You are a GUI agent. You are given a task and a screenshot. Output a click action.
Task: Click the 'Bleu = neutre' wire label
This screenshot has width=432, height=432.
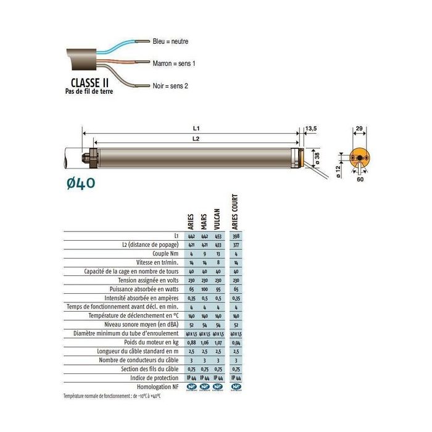(170, 41)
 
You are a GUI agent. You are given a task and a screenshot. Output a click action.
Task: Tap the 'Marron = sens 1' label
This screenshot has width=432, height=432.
(175, 63)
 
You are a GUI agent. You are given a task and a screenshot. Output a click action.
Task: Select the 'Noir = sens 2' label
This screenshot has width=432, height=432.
(171, 86)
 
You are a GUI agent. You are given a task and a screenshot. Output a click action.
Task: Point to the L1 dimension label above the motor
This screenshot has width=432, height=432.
(196, 128)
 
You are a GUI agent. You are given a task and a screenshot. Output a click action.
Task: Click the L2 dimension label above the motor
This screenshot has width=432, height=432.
(196, 139)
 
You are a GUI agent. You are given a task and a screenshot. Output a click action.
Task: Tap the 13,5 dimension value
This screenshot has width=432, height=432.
(311, 128)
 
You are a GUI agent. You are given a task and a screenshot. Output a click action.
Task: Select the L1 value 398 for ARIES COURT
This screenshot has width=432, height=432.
(236, 236)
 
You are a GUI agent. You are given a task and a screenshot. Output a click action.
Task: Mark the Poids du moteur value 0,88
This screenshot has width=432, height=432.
(191, 343)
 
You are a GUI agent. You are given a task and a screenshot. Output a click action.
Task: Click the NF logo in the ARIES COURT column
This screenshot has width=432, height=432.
(236, 386)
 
